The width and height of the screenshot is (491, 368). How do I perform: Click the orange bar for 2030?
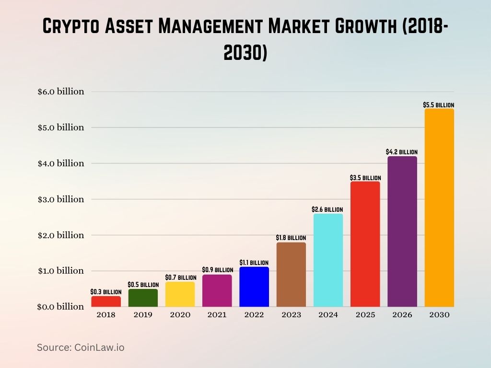tap(439, 207)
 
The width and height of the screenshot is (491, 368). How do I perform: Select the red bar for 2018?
tap(106, 301)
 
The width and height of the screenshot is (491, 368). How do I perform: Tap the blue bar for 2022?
tap(254, 287)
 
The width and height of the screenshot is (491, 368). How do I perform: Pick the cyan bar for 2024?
tap(328, 260)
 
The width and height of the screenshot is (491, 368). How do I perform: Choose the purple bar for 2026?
tap(402, 231)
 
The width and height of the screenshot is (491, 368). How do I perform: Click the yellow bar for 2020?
tap(180, 294)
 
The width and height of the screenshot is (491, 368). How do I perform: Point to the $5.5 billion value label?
tap(438, 104)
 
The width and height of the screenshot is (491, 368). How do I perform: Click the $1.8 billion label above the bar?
tap(291, 238)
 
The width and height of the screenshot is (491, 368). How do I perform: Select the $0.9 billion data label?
tap(217, 270)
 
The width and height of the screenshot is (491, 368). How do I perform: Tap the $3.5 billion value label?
tap(365, 178)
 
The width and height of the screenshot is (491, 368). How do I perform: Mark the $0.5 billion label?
tap(143, 285)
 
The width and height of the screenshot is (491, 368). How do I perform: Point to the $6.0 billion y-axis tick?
tap(61, 92)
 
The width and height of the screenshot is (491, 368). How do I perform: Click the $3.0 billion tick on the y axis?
tap(61, 199)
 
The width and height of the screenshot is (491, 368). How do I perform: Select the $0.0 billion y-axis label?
tap(61, 307)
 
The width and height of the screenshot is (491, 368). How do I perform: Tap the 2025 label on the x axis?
tap(365, 315)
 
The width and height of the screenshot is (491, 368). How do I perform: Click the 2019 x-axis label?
tap(143, 315)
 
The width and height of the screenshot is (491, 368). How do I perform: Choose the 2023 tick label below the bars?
tap(291, 315)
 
